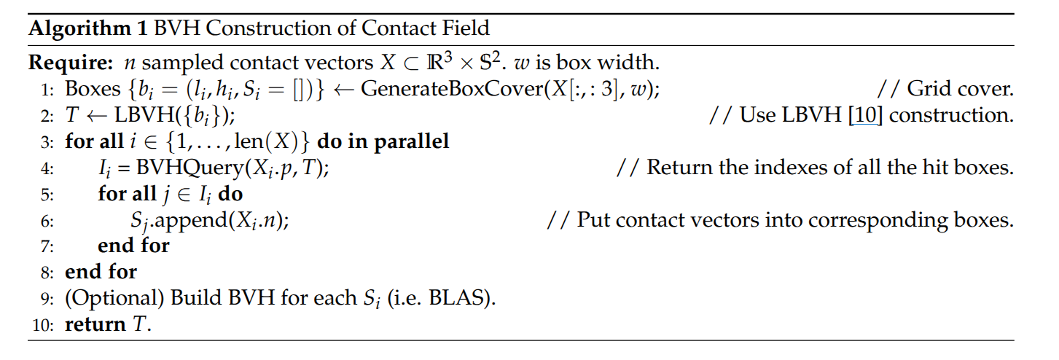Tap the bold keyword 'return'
pyautogui.click(x=94, y=324)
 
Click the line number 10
pyautogui.click(x=43, y=324)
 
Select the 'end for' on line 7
pyautogui.click(x=133, y=246)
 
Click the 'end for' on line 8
pyautogui.click(x=101, y=273)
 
